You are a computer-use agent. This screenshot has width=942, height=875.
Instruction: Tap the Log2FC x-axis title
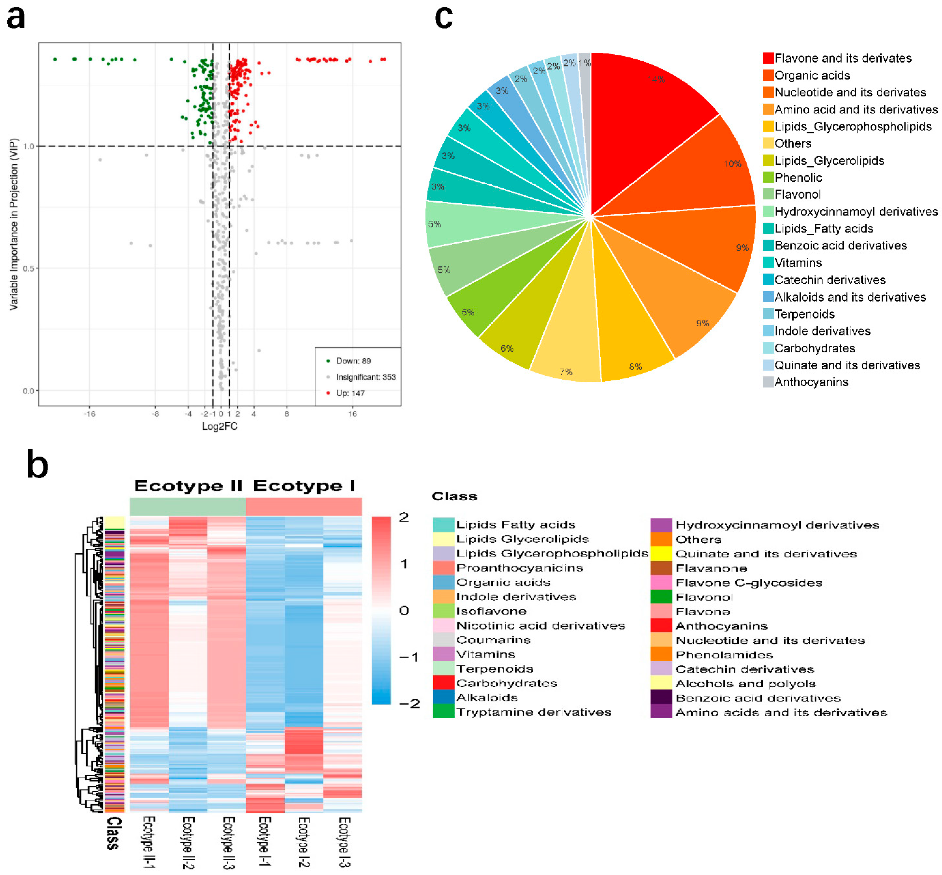[219, 426]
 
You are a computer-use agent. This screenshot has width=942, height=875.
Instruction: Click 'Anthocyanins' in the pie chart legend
[811, 382]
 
